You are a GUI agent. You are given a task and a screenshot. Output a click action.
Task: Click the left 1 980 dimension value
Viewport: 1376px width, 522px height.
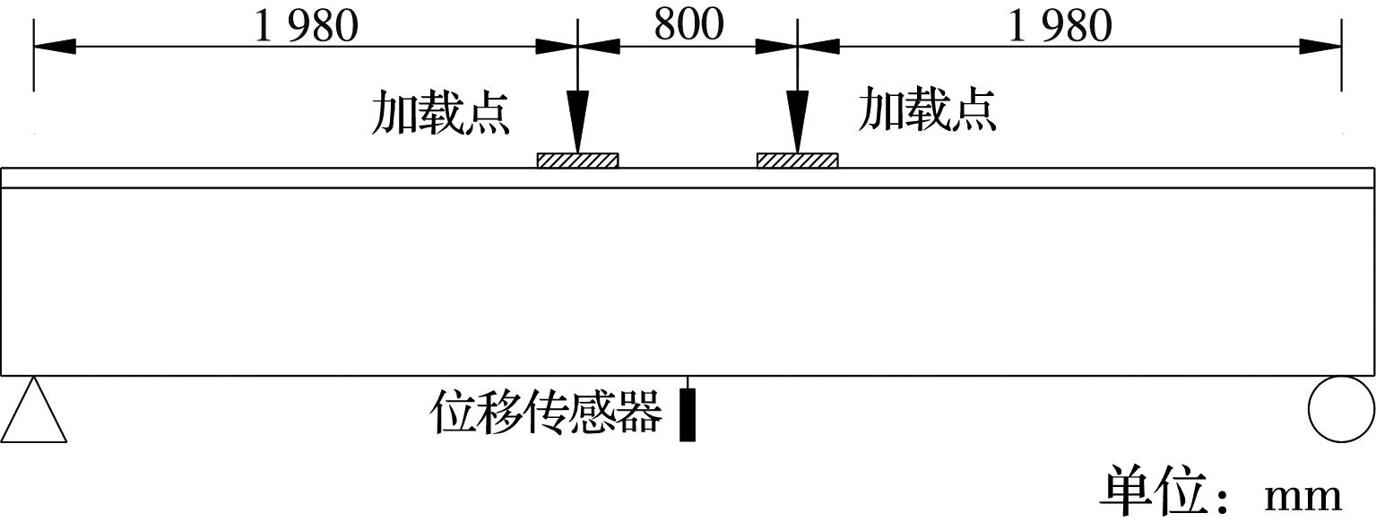point(307,26)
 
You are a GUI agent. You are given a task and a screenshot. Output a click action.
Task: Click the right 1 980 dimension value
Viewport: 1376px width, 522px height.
point(1060,26)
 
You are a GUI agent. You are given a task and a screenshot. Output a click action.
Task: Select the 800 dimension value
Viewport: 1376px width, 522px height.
point(688,25)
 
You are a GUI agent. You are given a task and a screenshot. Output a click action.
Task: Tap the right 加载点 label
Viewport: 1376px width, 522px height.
point(927,110)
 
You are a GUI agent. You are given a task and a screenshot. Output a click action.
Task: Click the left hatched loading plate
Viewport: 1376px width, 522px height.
point(577,161)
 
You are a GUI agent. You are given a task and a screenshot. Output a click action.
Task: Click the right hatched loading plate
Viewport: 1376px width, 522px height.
point(797,161)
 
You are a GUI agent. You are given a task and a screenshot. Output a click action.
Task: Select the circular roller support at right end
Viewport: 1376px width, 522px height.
point(1341,409)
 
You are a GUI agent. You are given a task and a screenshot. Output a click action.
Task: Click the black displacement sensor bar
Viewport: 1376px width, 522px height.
point(688,415)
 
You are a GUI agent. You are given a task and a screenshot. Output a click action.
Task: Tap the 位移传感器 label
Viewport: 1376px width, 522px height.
point(547,413)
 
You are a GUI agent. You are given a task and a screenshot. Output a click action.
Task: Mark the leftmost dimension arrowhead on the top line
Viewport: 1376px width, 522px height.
point(54,46)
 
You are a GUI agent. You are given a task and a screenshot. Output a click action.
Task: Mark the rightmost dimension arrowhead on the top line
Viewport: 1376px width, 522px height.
point(1321,46)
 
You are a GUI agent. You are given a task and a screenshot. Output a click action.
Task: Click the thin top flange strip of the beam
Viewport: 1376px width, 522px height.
point(688,178)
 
